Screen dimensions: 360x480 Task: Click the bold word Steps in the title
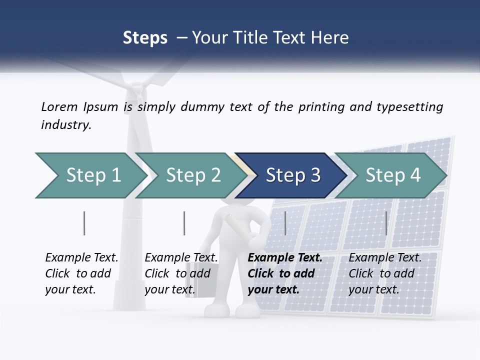(145, 37)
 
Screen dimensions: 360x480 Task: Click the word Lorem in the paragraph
(59, 106)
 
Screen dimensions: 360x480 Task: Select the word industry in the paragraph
(65, 124)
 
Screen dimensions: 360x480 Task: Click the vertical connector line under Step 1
(84, 223)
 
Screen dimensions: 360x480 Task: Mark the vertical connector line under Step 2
(184, 223)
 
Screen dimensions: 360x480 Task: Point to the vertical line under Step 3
(285, 223)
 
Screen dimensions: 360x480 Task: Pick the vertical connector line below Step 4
(386, 223)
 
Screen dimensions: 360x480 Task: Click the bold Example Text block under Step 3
(284, 273)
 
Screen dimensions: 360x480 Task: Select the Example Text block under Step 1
(81, 273)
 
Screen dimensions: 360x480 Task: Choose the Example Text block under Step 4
(384, 273)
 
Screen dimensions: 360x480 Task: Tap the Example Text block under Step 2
(181, 273)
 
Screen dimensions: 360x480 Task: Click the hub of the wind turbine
(133, 92)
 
